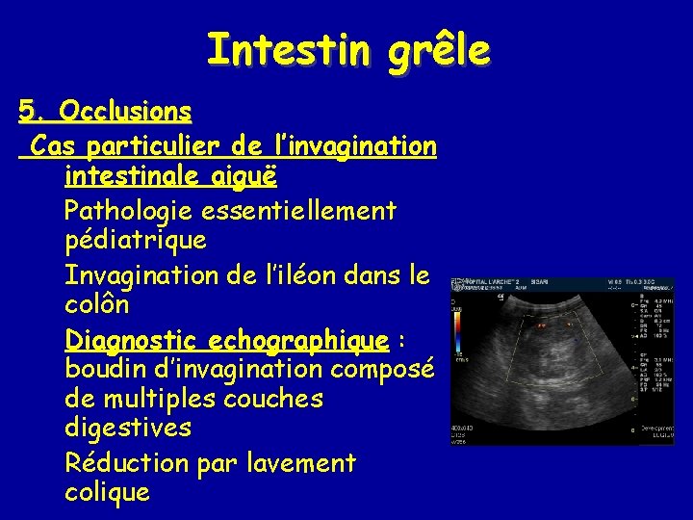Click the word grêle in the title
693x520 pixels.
(x=437, y=49)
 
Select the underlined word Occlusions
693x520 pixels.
(x=124, y=112)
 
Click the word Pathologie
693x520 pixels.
(x=136, y=209)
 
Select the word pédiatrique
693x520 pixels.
(x=135, y=240)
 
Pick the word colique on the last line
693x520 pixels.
(x=107, y=493)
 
